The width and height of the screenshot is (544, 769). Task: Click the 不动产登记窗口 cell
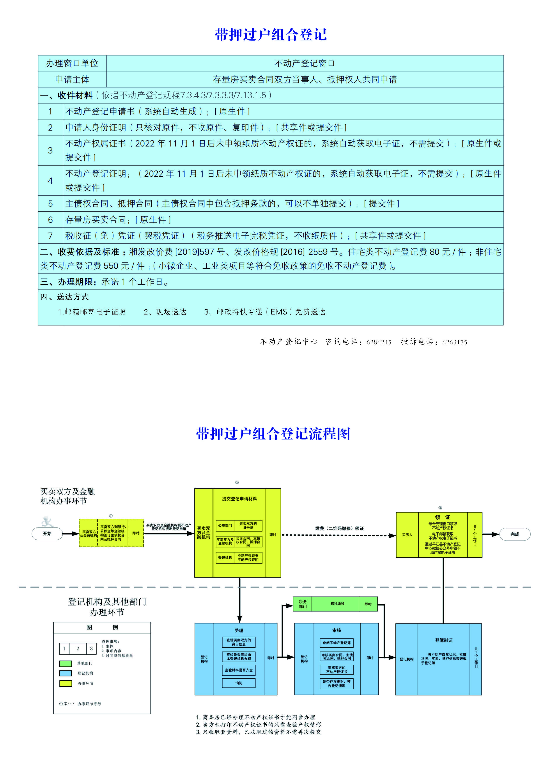coord(304,63)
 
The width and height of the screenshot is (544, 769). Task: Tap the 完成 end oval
coord(515,534)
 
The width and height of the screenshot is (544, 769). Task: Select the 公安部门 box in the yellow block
coord(225,526)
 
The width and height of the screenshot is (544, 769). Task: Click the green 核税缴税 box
coord(337,603)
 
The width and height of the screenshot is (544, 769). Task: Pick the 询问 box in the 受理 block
coord(239,683)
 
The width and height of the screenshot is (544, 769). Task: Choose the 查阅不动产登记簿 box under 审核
coord(336,643)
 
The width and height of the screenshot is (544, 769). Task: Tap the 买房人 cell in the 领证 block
coord(407,535)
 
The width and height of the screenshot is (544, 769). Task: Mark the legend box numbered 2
coord(78,649)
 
